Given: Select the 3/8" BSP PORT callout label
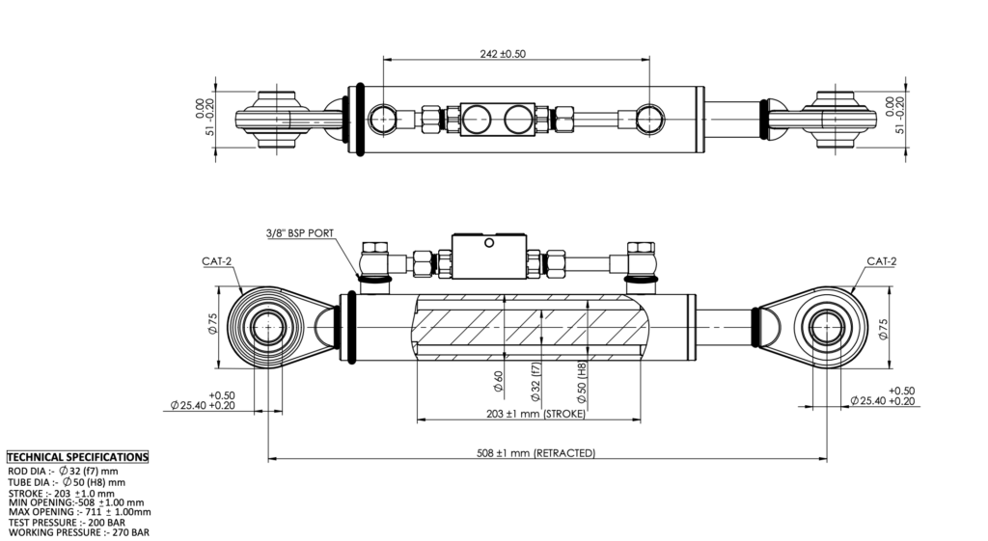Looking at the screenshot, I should click(x=299, y=233).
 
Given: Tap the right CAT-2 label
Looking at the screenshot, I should click(x=881, y=260).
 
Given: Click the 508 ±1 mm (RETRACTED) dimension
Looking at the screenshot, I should click(x=536, y=452).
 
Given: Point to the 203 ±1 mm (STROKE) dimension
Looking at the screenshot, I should click(x=530, y=414).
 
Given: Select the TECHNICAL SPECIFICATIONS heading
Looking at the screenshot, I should click(x=77, y=457).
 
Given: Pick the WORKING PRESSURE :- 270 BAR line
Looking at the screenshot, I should click(x=77, y=532).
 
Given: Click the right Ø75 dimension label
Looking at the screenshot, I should click(x=885, y=328).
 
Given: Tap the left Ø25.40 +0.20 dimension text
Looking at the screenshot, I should click(x=203, y=404).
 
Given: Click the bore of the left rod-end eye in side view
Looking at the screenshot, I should click(x=268, y=328).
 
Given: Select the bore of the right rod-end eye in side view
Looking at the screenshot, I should click(x=825, y=328).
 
